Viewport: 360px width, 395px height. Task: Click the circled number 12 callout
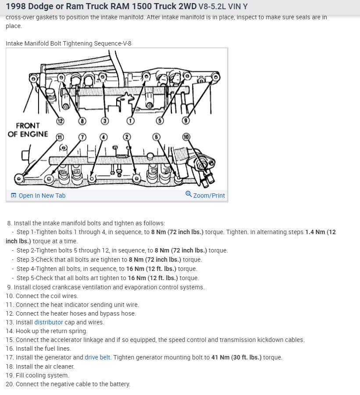[60, 121]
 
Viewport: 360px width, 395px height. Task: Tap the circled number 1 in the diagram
[130, 121]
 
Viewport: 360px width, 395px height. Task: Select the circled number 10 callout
[186, 137]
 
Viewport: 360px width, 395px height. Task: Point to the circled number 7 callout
[82, 137]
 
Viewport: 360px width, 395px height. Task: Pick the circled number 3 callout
[105, 121]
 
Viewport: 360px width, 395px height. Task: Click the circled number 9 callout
[185, 121]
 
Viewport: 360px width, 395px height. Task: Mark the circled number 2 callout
[127, 137]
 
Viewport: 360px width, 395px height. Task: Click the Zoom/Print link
[209, 196]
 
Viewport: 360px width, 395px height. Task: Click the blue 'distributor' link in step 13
[49, 322]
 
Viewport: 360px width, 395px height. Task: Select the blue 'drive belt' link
[97, 357]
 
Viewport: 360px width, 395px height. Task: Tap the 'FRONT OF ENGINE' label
[28, 130]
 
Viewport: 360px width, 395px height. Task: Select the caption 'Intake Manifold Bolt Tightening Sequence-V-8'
[68, 43]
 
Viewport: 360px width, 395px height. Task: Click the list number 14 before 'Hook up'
[9, 331]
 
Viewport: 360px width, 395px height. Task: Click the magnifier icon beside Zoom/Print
[189, 194]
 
